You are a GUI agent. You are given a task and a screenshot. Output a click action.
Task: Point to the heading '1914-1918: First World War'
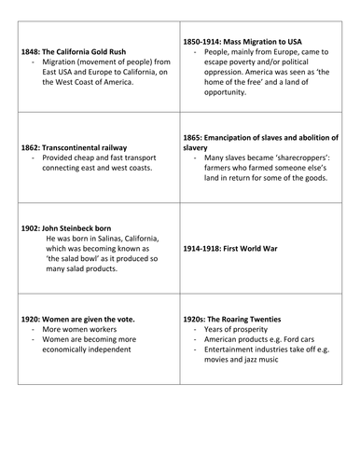tap(236, 249)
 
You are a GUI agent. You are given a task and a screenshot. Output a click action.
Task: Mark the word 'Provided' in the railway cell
tap(61, 158)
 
